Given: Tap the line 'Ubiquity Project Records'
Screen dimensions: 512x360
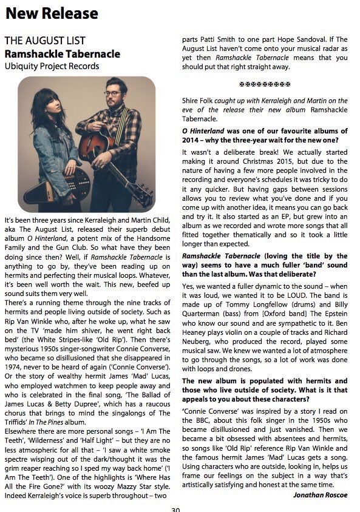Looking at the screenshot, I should point(52,66).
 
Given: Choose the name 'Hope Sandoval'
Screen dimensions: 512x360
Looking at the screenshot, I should point(304,38).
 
